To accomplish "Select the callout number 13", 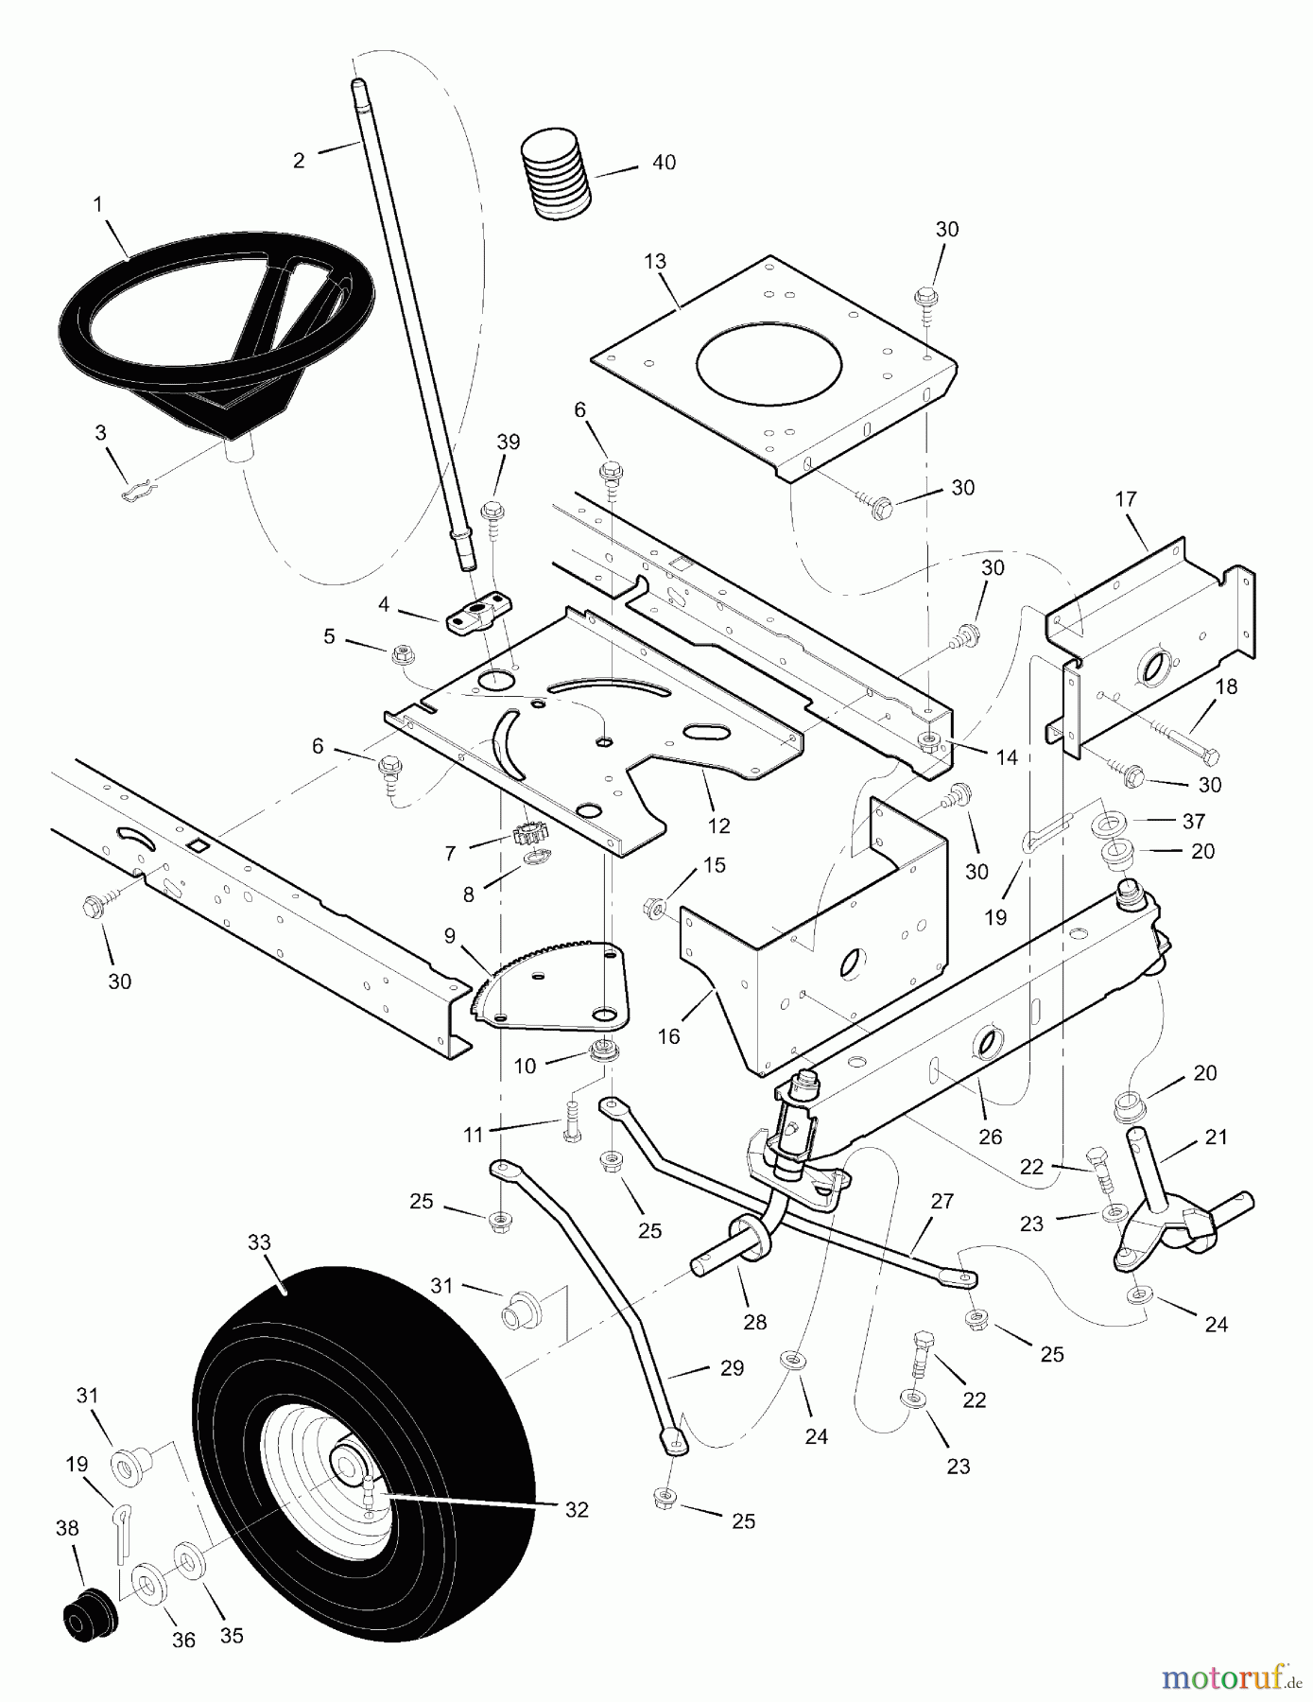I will [x=655, y=261].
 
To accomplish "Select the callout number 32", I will [x=577, y=1510].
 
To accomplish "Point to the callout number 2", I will [x=299, y=160].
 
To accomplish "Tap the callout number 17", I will [x=1125, y=498].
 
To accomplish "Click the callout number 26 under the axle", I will [x=990, y=1137].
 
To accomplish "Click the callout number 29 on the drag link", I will [x=732, y=1367].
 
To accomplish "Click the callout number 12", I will [x=718, y=825].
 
